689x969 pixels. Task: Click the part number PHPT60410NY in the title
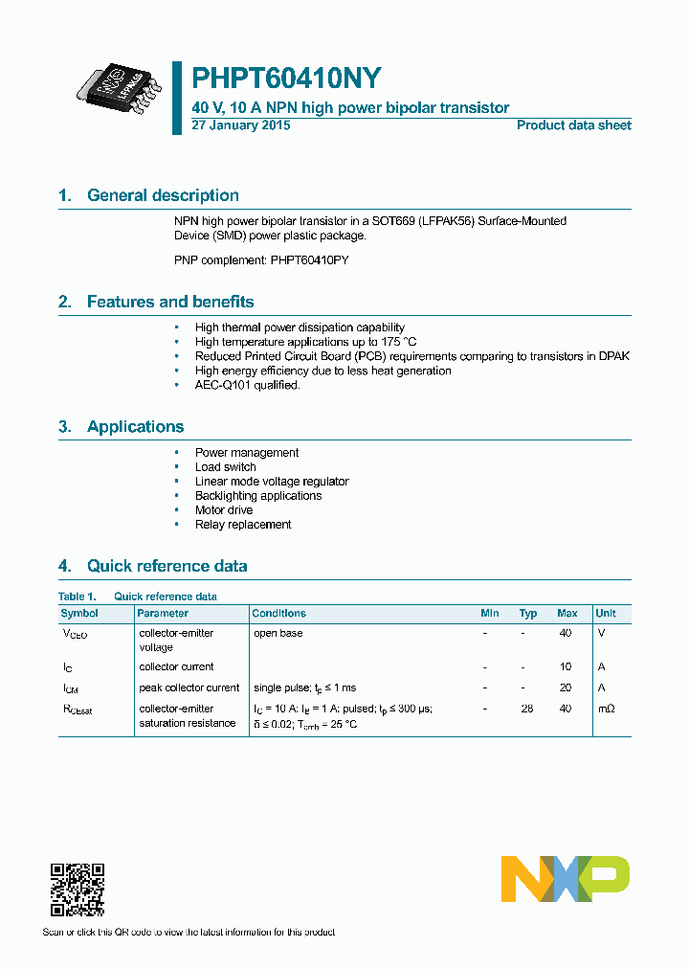click(287, 79)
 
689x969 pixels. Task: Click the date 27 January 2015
click(241, 125)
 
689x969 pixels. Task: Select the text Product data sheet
click(573, 125)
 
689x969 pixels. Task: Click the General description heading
click(163, 195)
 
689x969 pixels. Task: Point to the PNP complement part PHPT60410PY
click(309, 259)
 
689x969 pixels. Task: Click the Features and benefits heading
click(170, 302)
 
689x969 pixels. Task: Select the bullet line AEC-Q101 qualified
click(247, 385)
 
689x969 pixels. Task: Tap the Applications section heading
click(135, 427)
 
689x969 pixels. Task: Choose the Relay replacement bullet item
click(243, 525)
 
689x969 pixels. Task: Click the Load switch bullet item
click(225, 467)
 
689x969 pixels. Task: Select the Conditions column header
click(279, 613)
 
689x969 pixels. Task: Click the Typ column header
click(528, 613)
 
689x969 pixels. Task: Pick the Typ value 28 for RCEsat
click(527, 709)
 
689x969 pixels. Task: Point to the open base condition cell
click(278, 633)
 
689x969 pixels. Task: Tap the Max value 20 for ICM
click(566, 687)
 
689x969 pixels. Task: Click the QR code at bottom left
click(77, 890)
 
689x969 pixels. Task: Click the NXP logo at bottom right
click(566, 879)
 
